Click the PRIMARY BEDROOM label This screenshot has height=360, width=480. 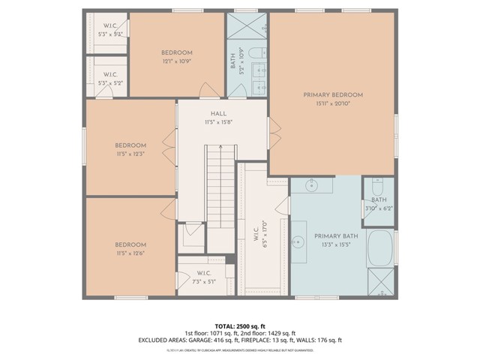point(333,94)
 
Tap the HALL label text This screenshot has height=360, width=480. point(218,113)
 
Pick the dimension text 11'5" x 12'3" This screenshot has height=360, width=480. point(130,154)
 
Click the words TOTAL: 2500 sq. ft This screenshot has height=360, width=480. point(239,325)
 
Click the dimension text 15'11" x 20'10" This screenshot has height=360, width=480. point(333,104)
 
